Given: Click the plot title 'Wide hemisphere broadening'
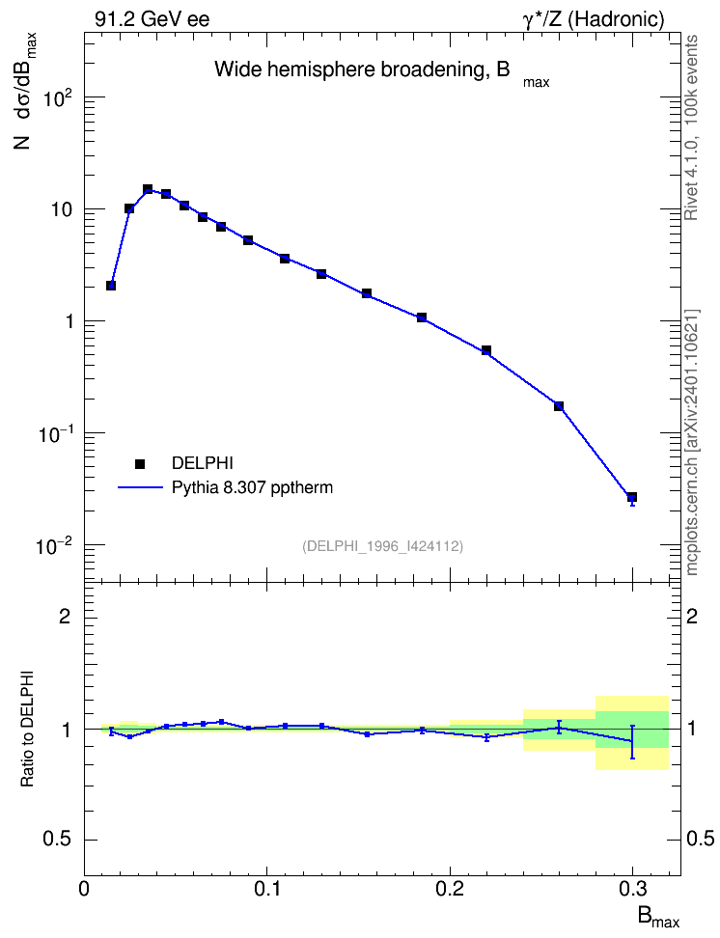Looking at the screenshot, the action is (348, 70).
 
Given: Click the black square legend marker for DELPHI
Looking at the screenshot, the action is (140, 463).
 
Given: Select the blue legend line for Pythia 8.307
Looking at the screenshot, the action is (140, 488).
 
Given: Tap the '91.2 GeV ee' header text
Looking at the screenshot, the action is (152, 19).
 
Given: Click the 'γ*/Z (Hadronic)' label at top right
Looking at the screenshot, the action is (594, 19).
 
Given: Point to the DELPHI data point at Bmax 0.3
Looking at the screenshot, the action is (632, 497).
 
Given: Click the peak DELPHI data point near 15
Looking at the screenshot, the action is (148, 190).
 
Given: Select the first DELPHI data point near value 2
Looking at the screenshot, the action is (111, 286).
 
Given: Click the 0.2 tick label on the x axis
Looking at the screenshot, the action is (450, 890).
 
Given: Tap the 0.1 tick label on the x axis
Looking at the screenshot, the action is (267, 890).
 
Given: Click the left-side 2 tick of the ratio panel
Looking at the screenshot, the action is (65, 617).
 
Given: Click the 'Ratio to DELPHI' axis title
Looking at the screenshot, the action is (28, 729).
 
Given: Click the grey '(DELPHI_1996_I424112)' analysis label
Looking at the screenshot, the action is (383, 546).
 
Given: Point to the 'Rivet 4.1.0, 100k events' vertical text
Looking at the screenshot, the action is (691, 127).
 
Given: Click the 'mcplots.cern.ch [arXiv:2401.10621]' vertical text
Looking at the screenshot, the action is (692, 442).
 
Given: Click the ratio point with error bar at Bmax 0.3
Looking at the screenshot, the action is (632, 741).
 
